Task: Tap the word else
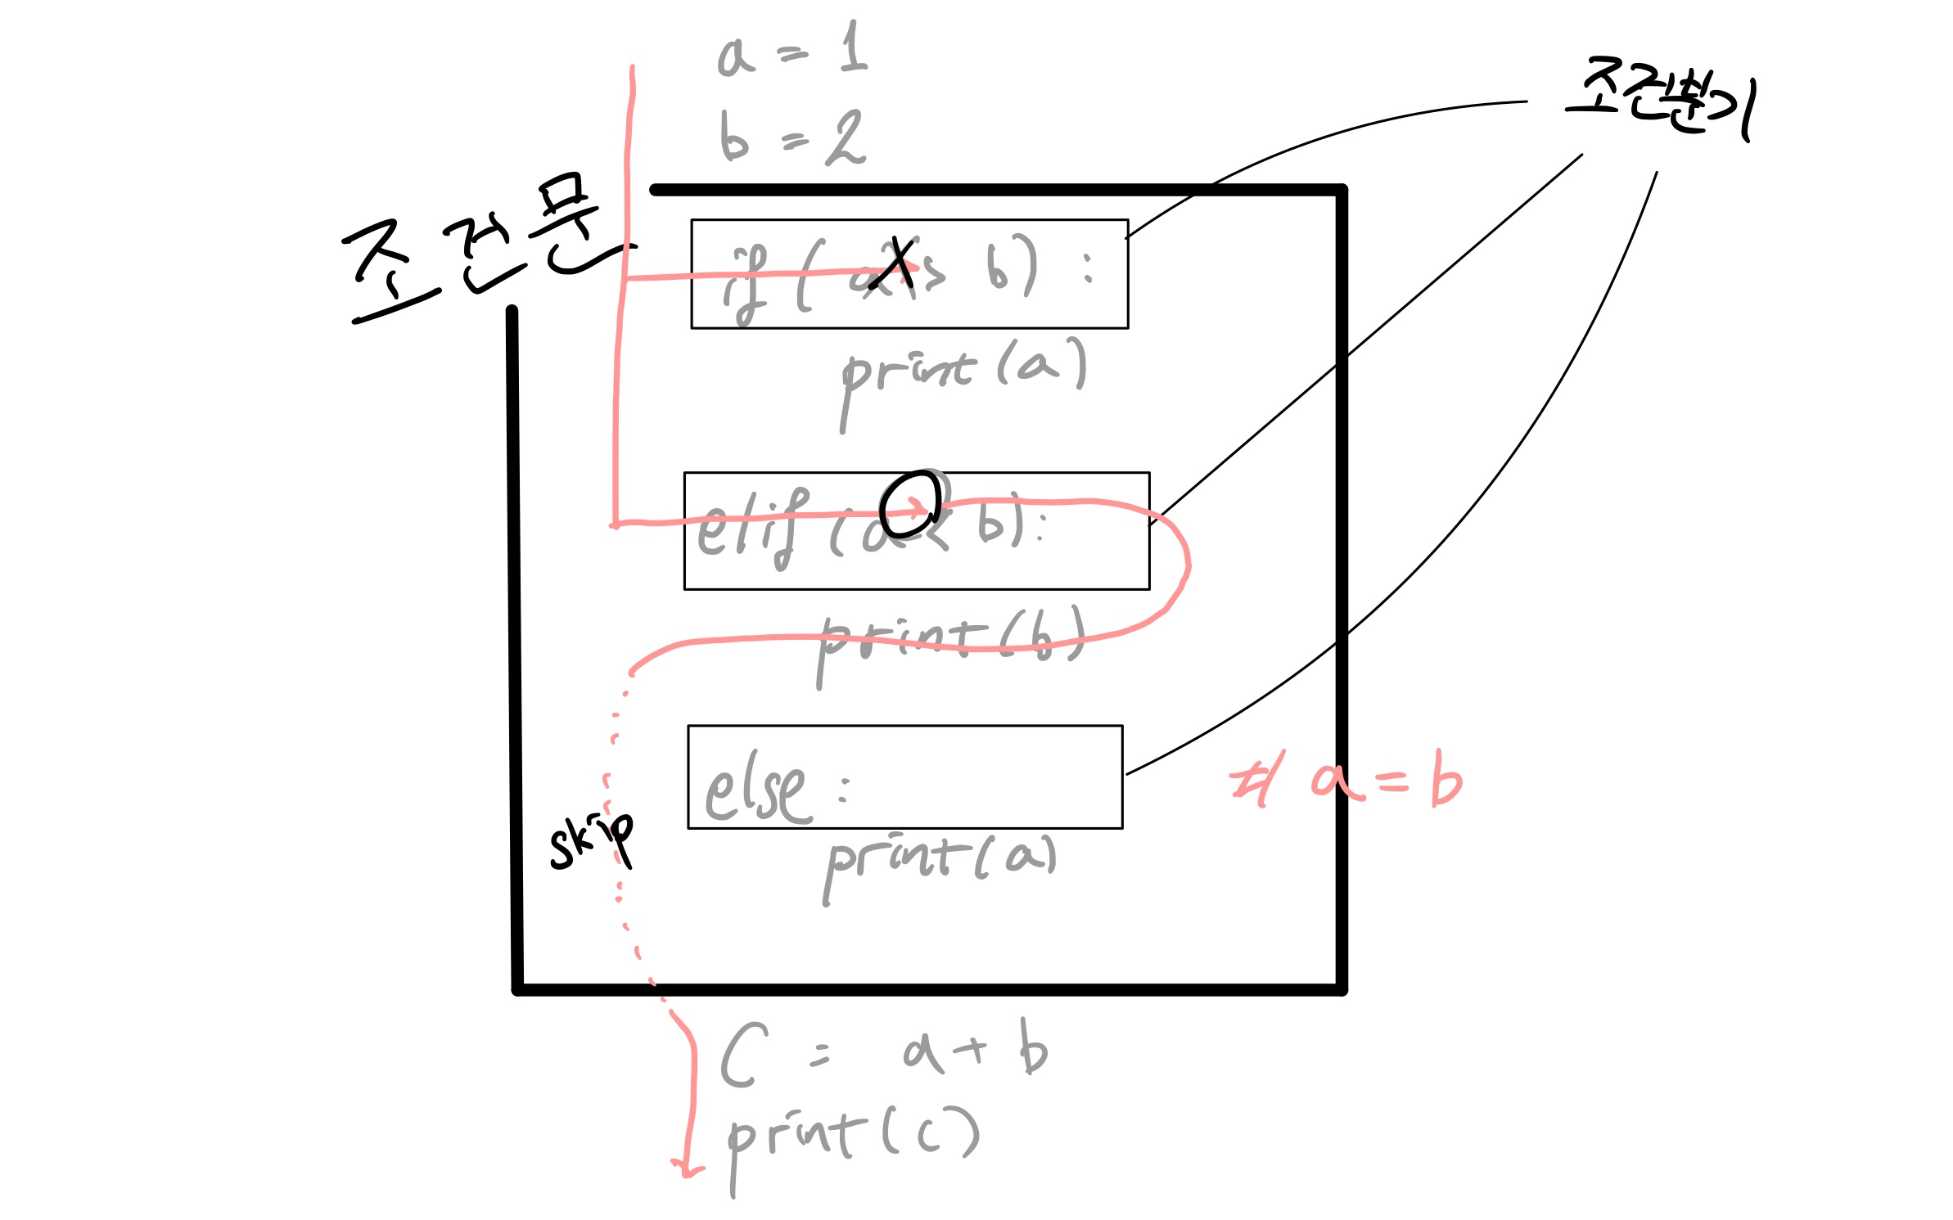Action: [757, 788]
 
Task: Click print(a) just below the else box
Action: [941, 863]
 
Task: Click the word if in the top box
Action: [746, 282]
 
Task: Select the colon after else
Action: [844, 790]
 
